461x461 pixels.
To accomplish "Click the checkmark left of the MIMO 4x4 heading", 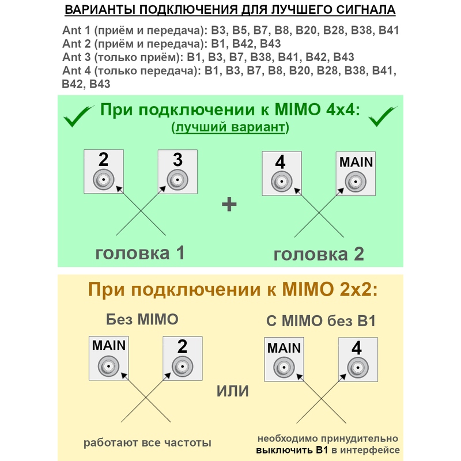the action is tap(77, 116).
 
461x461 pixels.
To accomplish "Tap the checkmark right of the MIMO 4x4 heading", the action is tap(382, 116).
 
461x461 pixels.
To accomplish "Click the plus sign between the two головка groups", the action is tap(229, 205).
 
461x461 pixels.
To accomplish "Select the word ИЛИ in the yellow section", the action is tap(233, 391).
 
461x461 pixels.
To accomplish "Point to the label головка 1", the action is tap(140, 252).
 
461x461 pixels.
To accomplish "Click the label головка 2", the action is tap(319, 254).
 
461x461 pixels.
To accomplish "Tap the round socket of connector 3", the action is tap(177, 180).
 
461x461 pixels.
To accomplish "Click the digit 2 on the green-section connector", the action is tap(103, 160).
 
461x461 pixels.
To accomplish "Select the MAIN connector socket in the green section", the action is tap(356, 182).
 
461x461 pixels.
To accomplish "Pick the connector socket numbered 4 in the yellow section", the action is tap(358, 368).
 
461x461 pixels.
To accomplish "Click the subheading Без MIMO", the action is tap(142, 319).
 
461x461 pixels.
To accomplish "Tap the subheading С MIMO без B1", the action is tap(321, 321).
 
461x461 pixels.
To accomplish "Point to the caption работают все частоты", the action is tap(148, 443).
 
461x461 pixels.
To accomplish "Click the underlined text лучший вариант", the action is tap(230, 127).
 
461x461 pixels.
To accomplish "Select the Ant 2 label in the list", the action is tap(77, 44).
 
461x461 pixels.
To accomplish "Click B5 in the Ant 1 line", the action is tap(240, 31).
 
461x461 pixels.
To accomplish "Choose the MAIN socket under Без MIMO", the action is tap(108, 366).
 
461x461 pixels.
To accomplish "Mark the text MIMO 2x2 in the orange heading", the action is tap(329, 289).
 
